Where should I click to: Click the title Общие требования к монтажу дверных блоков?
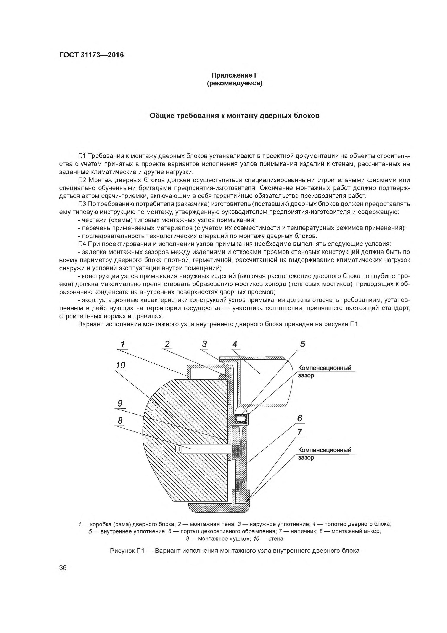235,116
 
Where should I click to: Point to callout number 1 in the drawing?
123,344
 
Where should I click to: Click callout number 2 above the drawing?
167,344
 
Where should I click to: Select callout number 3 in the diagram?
204,344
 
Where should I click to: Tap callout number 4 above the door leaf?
235,344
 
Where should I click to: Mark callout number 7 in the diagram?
300,432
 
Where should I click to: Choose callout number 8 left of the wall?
120,420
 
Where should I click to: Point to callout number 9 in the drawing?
120,403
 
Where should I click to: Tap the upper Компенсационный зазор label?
325,371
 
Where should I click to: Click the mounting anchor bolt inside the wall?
204,450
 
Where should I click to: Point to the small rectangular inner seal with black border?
241,419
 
